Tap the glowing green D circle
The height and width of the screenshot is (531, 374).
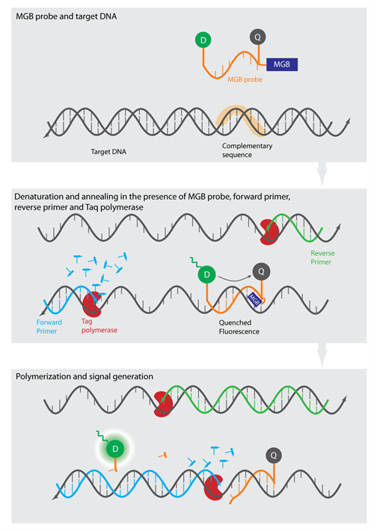pyautogui.click(x=115, y=449)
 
